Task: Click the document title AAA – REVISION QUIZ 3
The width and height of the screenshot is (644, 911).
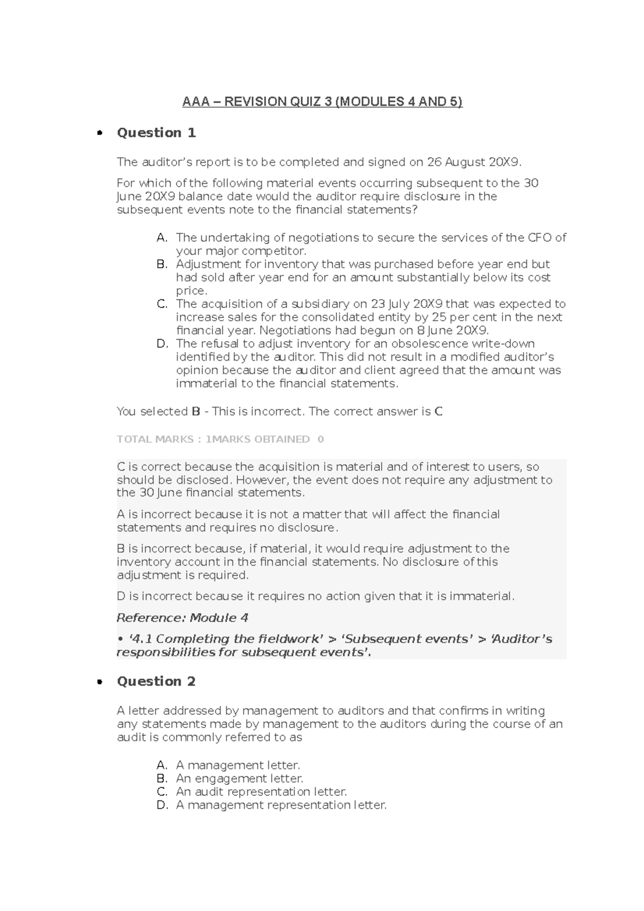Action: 322,101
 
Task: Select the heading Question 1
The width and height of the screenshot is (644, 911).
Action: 156,133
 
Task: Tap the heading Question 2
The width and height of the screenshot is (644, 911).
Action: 156,681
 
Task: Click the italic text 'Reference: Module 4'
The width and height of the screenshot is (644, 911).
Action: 182,618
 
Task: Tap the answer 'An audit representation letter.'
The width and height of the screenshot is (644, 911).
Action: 261,792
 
